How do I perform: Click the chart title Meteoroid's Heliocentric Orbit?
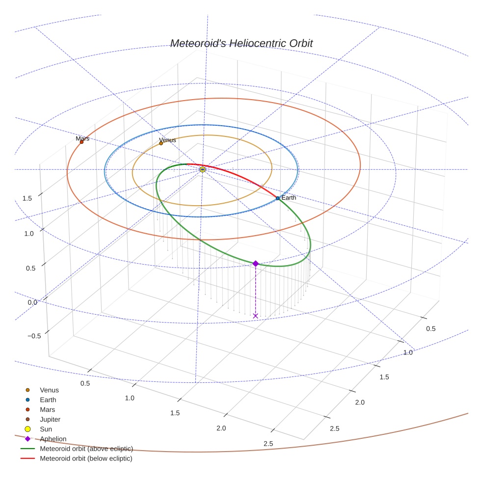coord(241,44)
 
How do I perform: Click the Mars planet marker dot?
coord(81,142)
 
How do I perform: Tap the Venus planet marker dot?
coord(161,143)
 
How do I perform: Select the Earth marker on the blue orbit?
coord(278,198)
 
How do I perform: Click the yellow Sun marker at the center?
coord(203,169)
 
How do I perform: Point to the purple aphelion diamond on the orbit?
coord(255,264)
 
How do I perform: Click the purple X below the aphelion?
coord(255,316)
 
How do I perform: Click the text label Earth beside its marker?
coord(289,198)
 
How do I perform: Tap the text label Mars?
coord(82,139)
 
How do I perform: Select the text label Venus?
coord(167,140)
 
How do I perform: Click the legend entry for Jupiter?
coord(50,419)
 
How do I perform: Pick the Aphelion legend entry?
coord(53,439)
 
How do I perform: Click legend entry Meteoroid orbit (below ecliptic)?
coord(86,458)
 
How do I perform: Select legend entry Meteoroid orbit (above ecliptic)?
coord(86,449)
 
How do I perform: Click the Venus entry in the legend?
coord(49,390)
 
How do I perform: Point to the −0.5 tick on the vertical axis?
coord(34,336)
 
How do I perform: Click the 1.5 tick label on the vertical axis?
coord(27,198)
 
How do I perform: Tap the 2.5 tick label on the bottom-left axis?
coord(268,444)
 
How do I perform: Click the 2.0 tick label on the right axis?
coord(360,402)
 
